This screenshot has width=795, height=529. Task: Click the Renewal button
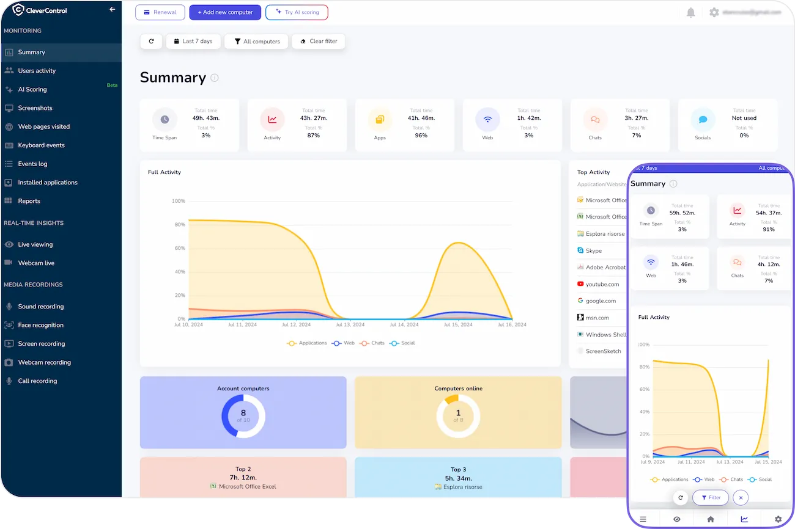pos(160,12)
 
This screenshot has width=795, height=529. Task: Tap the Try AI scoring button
pos(297,12)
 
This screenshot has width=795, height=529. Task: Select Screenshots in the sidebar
pos(35,108)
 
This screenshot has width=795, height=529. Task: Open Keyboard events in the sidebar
pos(41,145)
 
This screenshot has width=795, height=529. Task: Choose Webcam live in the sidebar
pos(36,263)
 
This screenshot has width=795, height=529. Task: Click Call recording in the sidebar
pos(37,381)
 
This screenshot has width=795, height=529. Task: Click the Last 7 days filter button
pos(193,42)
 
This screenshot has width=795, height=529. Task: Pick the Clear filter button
pos(319,42)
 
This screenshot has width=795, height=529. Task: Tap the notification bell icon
pos(691,12)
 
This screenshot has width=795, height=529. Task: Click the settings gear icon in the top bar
pos(714,12)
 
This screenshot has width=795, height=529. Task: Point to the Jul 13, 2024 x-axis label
pos(351,325)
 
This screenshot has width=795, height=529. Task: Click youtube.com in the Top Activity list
pos(602,284)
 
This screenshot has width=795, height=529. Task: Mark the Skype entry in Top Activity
pos(593,250)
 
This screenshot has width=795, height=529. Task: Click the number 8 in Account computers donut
pos(243,413)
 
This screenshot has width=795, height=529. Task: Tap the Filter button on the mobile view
pos(711,498)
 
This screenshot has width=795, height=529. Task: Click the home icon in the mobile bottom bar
pos(711,519)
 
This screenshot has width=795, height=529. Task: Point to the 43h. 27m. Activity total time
pos(314,118)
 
